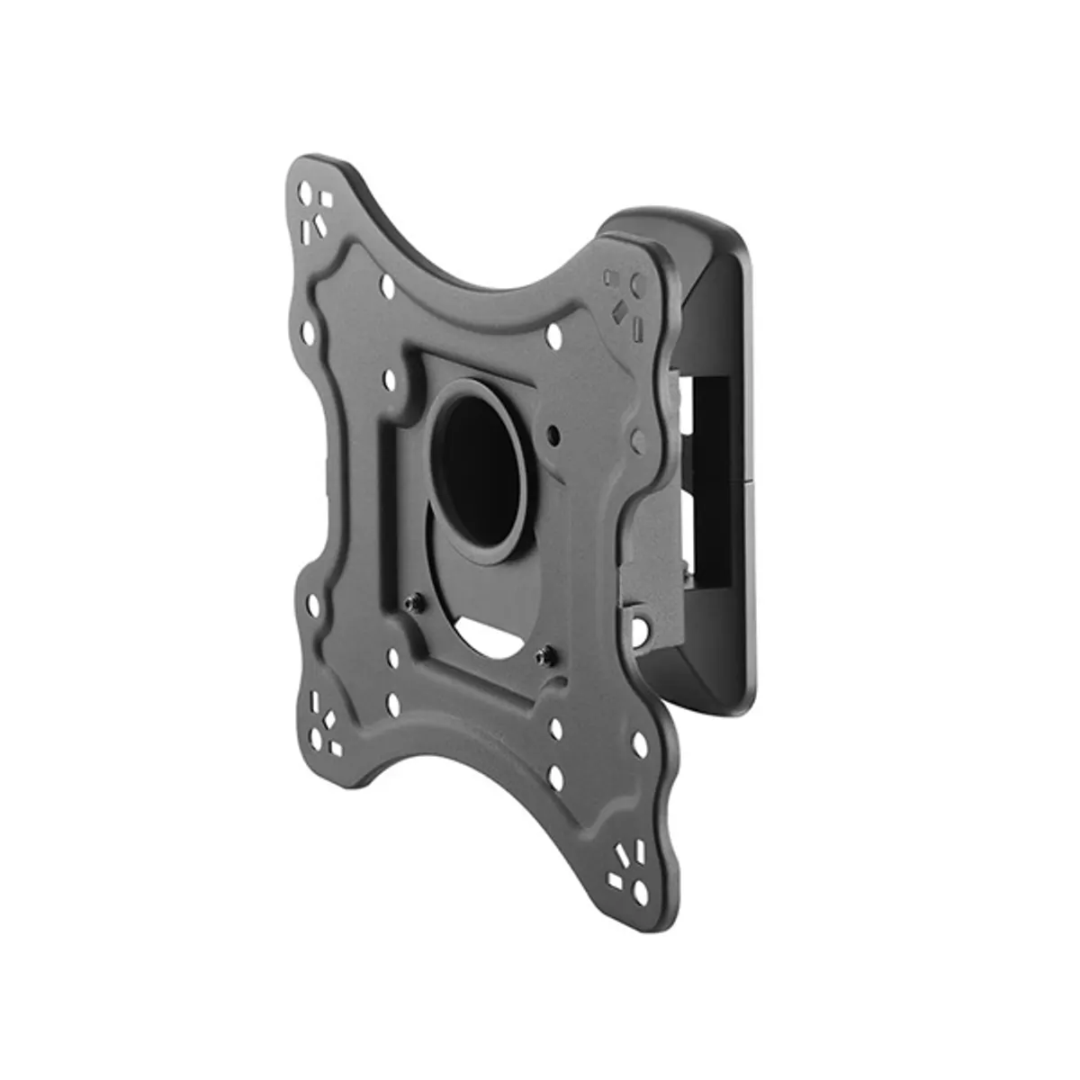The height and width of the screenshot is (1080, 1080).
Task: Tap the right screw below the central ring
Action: (543, 653)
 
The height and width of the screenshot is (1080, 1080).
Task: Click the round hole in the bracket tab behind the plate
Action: (643, 621)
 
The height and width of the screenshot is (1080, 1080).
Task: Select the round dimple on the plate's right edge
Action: (638, 440)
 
